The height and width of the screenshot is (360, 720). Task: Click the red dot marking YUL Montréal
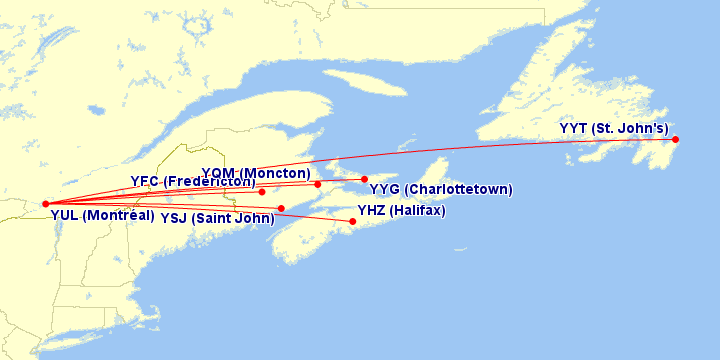46,204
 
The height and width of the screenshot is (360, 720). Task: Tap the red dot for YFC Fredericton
261,192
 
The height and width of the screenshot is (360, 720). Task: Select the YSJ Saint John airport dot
282,208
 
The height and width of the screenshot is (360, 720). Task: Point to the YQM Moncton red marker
318,184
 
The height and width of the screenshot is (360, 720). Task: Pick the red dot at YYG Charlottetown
365,179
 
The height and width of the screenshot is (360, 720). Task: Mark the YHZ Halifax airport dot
353,221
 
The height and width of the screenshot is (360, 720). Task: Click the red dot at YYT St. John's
676,139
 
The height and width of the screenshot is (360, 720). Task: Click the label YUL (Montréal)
102,215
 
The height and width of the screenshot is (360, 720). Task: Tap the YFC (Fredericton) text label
192,181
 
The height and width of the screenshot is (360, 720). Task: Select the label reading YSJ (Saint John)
217,218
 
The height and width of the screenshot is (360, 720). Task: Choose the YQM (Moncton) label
256,173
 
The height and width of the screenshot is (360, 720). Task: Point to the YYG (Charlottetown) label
441,189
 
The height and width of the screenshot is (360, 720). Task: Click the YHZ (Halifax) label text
401,211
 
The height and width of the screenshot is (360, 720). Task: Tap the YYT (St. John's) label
614,128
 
